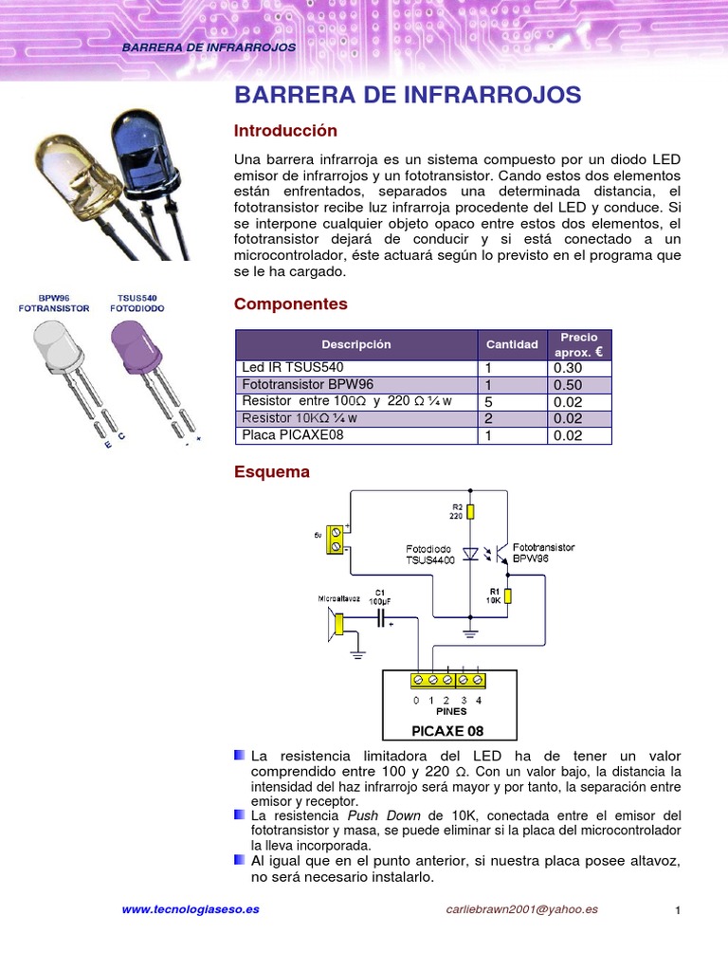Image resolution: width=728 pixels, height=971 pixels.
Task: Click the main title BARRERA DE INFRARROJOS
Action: point(408,95)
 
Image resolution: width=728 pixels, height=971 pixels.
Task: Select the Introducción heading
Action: point(285,131)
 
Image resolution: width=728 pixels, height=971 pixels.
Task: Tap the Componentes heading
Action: point(290,304)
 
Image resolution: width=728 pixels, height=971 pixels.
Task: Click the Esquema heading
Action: point(271,472)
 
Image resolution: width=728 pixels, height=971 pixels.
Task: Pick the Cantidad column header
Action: point(512,344)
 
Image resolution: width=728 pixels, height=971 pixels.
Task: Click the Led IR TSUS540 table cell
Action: point(293,368)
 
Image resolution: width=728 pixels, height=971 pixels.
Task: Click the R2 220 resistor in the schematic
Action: point(471,512)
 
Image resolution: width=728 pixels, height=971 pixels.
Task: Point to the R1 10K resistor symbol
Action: point(508,595)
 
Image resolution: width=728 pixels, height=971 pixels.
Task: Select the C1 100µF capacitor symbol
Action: point(381,618)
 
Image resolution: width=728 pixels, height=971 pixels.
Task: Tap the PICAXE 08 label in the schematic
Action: point(448,731)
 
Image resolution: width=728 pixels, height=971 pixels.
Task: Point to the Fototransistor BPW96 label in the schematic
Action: point(543,554)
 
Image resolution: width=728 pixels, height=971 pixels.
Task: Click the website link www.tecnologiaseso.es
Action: point(190,909)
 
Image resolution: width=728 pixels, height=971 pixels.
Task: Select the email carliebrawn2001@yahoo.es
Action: point(521,909)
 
